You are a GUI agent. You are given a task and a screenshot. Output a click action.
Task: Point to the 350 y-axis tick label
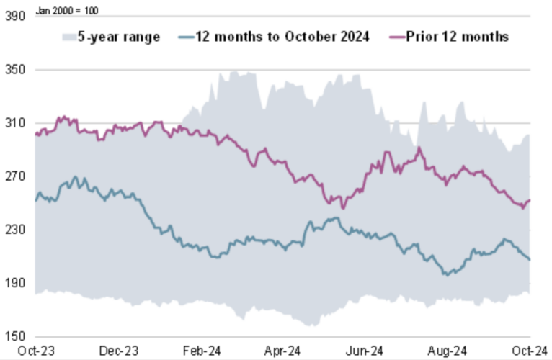pyautogui.click(x=14, y=71)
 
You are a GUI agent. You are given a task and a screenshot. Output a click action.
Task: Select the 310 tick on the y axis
pyautogui.click(x=14, y=124)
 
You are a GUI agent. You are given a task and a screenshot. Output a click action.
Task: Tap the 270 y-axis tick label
pyautogui.click(x=14, y=177)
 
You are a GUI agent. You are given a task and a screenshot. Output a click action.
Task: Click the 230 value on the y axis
pyautogui.click(x=14, y=230)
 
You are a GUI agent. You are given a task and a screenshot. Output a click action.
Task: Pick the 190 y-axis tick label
pyautogui.click(x=14, y=284)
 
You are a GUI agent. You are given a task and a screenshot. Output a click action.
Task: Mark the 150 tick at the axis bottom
pyautogui.click(x=14, y=337)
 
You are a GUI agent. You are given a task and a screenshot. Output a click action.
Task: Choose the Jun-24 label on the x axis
pyautogui.click(x=365, y=351)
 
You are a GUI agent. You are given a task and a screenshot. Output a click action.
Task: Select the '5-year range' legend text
pyautogui.click(x=120, y=37)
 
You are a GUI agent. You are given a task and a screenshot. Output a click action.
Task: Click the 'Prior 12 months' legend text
pyautogui.click(x=458, y=37)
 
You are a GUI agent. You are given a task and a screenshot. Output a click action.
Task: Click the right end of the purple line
pyautogui.click(x=530, y=201)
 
